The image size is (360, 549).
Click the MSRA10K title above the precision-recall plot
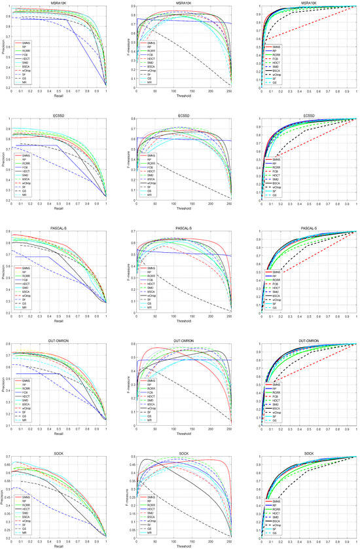pyautogui.click(x=59, y=3)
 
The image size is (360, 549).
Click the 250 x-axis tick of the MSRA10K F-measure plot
pyautogui.click(x=229, y=92)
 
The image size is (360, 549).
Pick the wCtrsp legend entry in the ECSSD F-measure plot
pyautogui.click(x=152, y=181)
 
